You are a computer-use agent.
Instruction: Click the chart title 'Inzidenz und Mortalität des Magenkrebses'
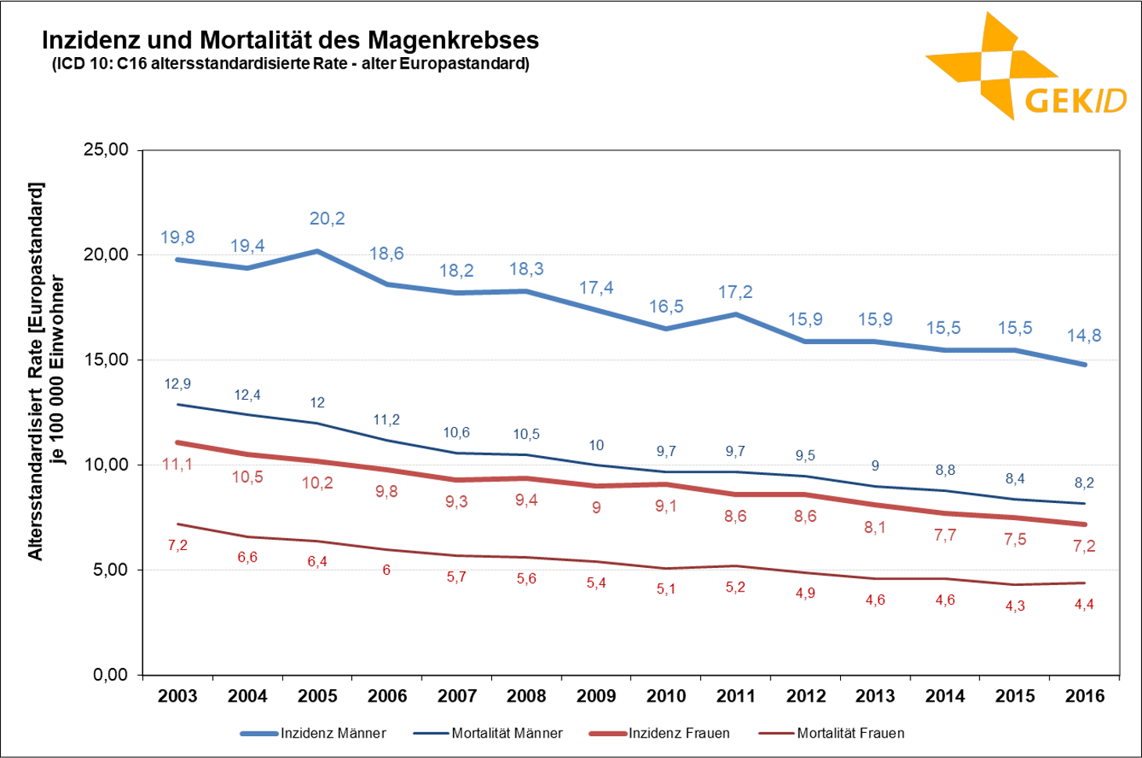tap(290, 40)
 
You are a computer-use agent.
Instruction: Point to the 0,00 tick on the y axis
tap(110, 675)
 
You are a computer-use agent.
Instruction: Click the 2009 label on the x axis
tap(596, 696)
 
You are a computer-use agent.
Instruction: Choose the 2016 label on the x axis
tap(1085, 696)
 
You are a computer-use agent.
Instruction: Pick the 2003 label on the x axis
tap(178, 696)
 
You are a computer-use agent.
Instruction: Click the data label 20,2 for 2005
tap(327, 219)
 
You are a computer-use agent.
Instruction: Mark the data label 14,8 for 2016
tap(1084, 336)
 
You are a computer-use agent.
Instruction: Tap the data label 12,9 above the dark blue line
tap(178, 384)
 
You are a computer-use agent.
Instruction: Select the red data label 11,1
tap(178, 465)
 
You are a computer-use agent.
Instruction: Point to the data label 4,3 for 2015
tap(1015, 606)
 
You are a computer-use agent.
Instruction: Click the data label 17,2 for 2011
tap(735, 293)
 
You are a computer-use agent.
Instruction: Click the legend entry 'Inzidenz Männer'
tap(332, 733)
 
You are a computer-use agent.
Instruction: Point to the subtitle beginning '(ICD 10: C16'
tap(290, 64)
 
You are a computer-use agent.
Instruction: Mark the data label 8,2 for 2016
tap(1084, 483)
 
